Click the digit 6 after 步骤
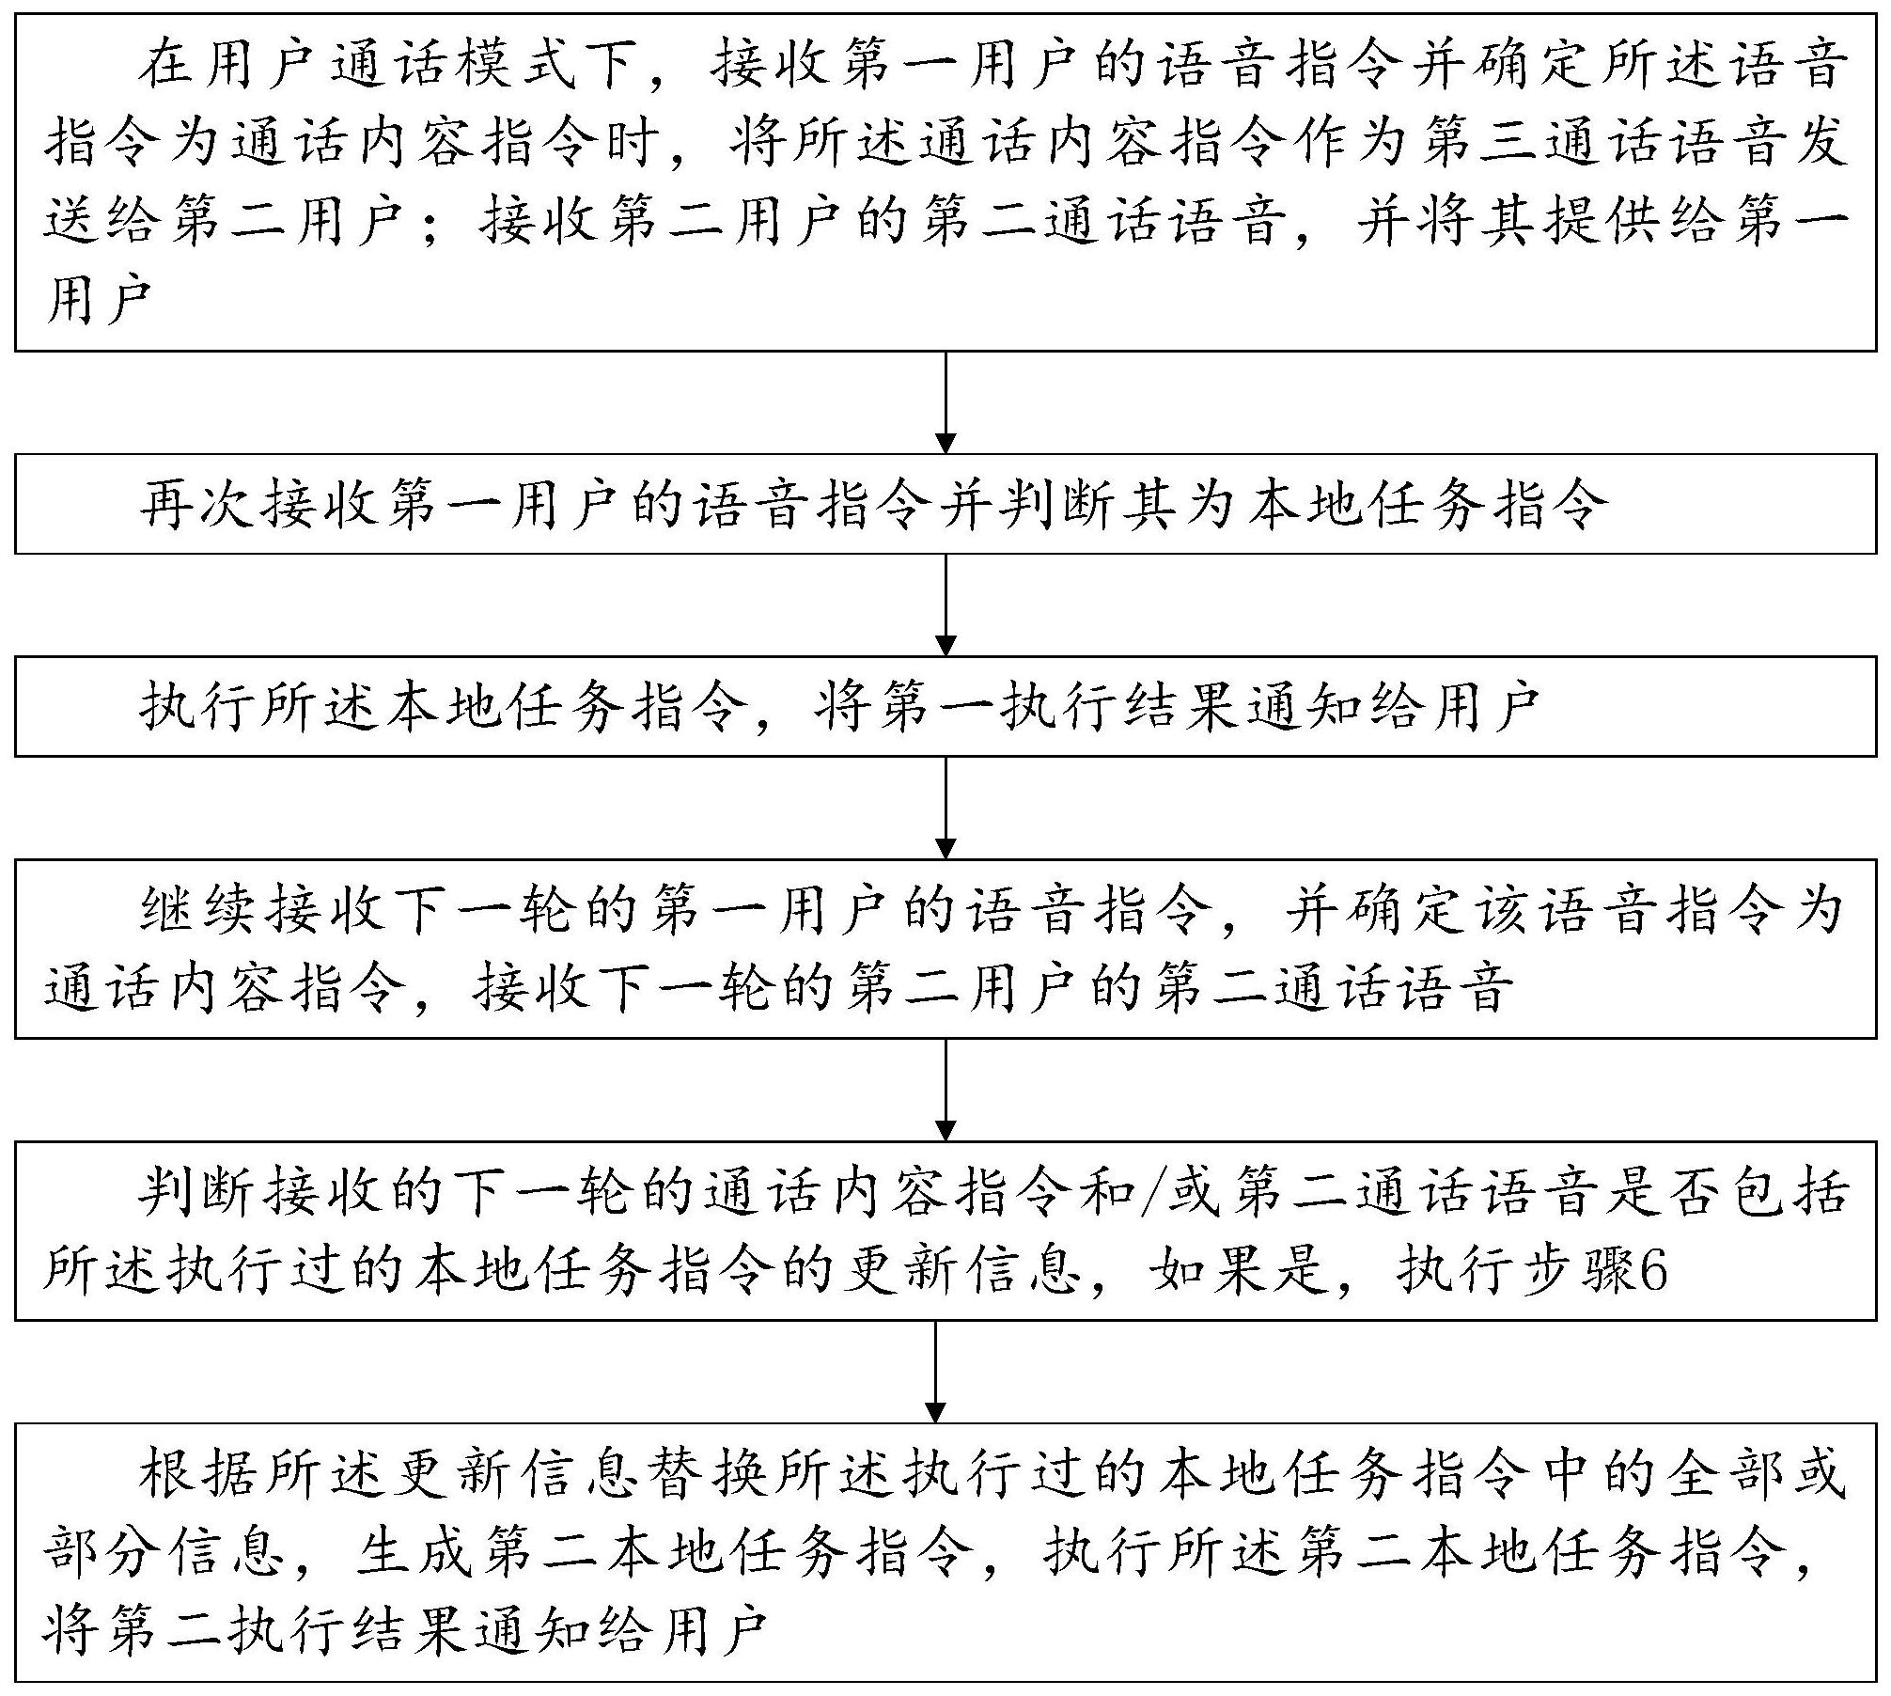[1651, 1274]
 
